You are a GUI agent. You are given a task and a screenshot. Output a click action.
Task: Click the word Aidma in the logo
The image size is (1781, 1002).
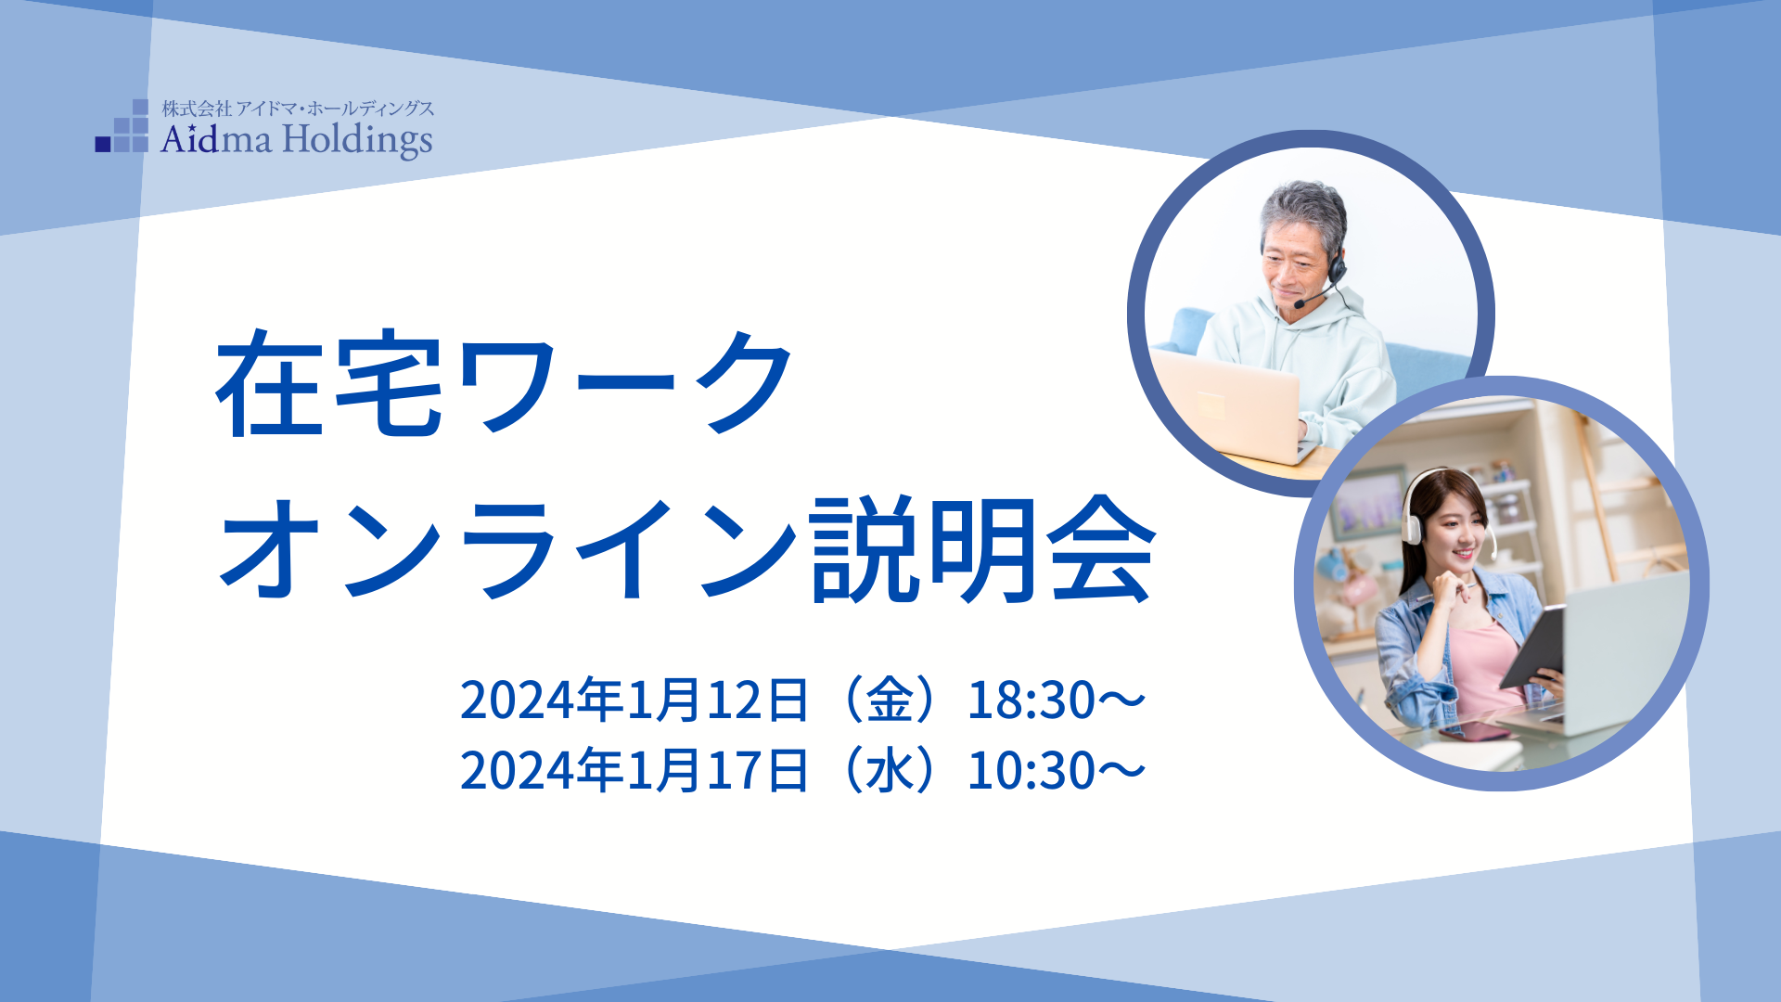[216, 139]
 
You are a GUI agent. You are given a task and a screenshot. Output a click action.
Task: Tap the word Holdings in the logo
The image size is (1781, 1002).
[357, 141]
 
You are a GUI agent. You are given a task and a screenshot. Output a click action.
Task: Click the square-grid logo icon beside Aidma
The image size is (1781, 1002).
[122, 126]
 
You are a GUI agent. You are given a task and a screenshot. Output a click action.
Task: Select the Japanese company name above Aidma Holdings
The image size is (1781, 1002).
[298, 109]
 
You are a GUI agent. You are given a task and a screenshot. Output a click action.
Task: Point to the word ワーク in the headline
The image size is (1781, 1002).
[623, 382]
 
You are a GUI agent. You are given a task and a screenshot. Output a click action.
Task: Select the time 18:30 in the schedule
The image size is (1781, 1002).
[1031, 700]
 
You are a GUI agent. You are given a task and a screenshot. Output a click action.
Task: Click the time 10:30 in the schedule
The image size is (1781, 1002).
[1031, 771]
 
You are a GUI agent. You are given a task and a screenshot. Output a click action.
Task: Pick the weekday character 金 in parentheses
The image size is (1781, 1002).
[890, 700]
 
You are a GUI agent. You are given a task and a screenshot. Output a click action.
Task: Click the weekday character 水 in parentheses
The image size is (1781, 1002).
[890, 770]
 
